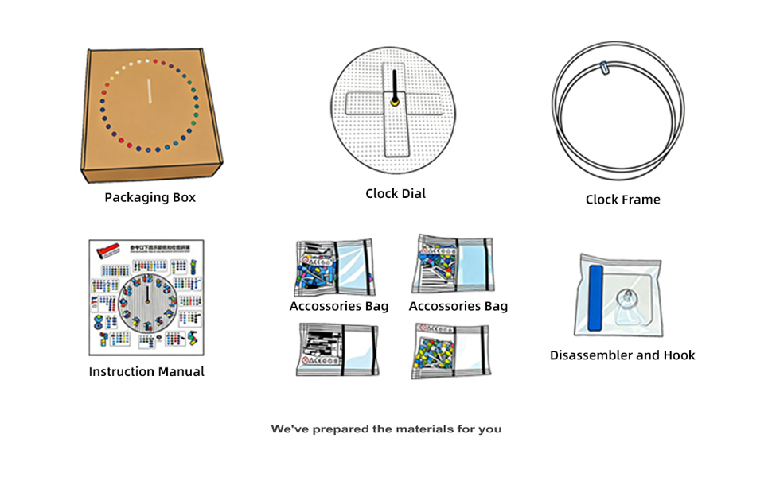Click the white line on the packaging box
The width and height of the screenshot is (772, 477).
pyautogui.click(x=148, y=91)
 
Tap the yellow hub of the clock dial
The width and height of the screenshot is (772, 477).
pyautogui.click(x=395, y=101)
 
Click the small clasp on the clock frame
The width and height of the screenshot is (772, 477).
pyautogui.click(x=607, y=70)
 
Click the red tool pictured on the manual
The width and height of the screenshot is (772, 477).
pyautogui.click(x=107, y=251)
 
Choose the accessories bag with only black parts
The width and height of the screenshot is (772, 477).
pyautogui.click(x=337, y=349)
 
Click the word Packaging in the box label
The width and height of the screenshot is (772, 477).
pyautogui.click(x=138, y=197)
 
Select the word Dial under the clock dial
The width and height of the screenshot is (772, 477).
pyautogui.click(x=413, y=193)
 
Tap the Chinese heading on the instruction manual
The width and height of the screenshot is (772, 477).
pyautogui.click(x=162, y=249)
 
